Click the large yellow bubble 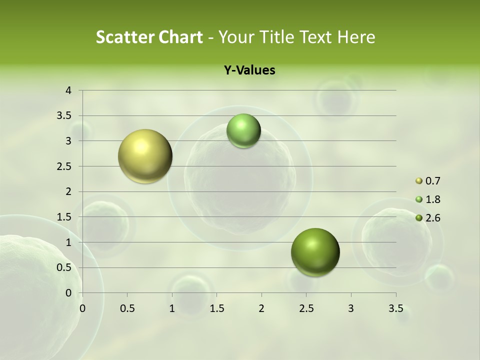click(145, 156)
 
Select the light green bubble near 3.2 click(243, 130)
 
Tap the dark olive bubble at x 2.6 click(315, 252)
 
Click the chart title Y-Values click(249, 70)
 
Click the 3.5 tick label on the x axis click(395, 308)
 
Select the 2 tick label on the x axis click(261, 308)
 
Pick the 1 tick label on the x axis click(172, 308)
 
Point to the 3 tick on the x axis click(351, 308)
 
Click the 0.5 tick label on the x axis click(127, 308)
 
